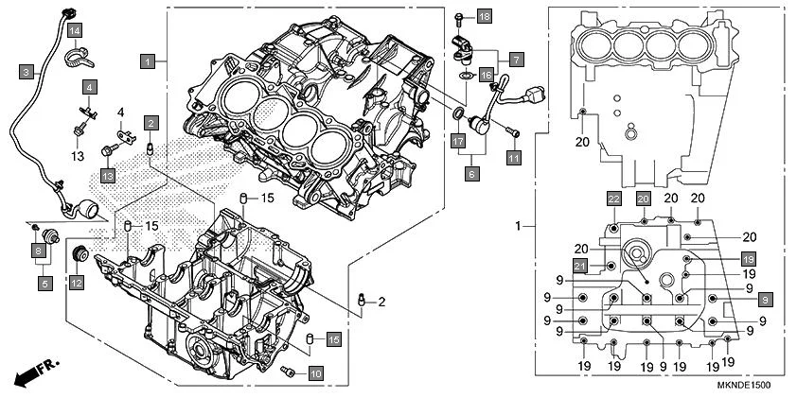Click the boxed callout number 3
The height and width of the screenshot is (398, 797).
tap(27, 71)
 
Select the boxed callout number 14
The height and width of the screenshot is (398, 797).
tap(74, 32)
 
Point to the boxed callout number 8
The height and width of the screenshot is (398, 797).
tap(38, 251)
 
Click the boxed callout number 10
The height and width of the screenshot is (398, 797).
tap(315, 373)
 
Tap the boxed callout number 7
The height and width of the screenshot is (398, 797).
tap(516, 60)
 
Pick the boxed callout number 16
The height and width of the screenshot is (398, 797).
tap(486, 74)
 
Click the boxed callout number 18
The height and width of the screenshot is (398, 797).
tap(484, 18)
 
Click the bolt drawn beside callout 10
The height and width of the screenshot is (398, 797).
tap(290, 372)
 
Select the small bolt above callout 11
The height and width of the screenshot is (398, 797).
tap(512, 130)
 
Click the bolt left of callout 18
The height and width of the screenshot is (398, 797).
tap(458, 18)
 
